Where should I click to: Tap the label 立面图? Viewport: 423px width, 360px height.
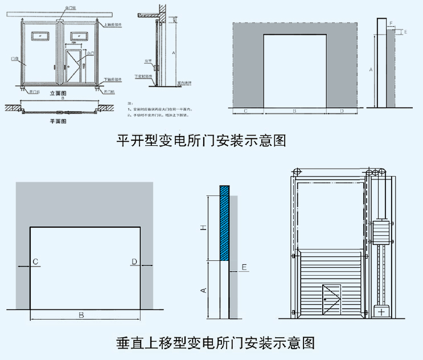[x=59, y=92]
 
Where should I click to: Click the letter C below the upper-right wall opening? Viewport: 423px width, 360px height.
[x=245, y=111]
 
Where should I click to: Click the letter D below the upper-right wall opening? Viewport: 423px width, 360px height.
[x=342, y=111]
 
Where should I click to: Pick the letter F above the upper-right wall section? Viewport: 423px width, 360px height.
[x=391, y=23]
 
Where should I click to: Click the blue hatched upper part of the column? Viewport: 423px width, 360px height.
[x=224, y=222]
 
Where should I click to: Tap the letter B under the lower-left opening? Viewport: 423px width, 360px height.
[x=81, y=315]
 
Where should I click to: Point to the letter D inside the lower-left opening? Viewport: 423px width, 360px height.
[x=134, y=261]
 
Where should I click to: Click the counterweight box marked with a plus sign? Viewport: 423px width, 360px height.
[x=380, y=312]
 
